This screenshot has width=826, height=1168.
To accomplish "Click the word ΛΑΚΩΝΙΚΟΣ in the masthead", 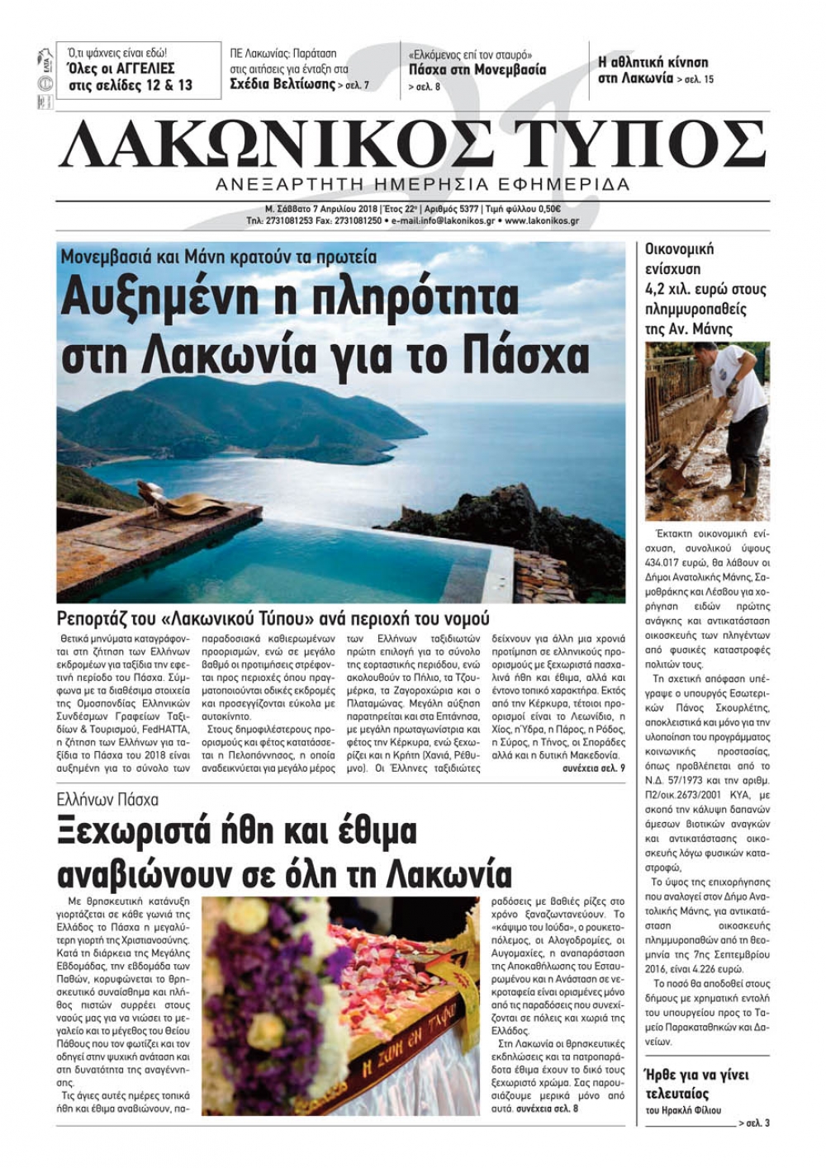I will [272, 145].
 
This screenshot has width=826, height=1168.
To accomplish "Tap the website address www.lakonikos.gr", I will [541, 221].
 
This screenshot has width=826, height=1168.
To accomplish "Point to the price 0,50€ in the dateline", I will [547, 209].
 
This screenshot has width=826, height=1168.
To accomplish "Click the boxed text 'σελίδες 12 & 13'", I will [131, 85].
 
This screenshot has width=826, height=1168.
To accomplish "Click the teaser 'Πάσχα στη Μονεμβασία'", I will [477, 70].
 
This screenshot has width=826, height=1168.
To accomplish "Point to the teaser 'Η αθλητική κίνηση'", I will [653, 62].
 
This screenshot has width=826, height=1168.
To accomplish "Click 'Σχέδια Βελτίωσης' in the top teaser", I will [282, 84].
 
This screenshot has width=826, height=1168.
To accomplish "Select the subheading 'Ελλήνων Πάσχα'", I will [108, 800].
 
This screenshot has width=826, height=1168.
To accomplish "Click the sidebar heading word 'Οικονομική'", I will [679, 249].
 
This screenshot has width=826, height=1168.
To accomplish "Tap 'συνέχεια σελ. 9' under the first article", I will [594, 767].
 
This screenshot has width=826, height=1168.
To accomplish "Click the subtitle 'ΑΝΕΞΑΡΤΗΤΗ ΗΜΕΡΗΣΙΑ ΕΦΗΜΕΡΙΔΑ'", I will [416, 183].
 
